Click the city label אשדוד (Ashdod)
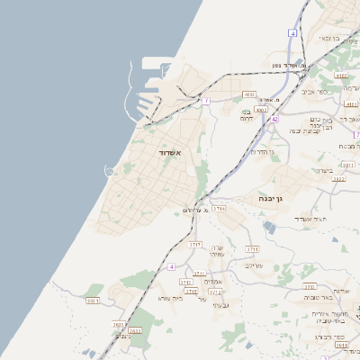[x=170, y=154]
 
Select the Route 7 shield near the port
[x=206, y=101]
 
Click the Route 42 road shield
[x=274, y=118]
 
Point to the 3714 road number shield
[x=219, y=208]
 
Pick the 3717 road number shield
[x=194, y=244]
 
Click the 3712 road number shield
[x=214, y=292]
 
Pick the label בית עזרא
[x=169, y=298]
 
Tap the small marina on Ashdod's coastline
[x=110, y=171]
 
